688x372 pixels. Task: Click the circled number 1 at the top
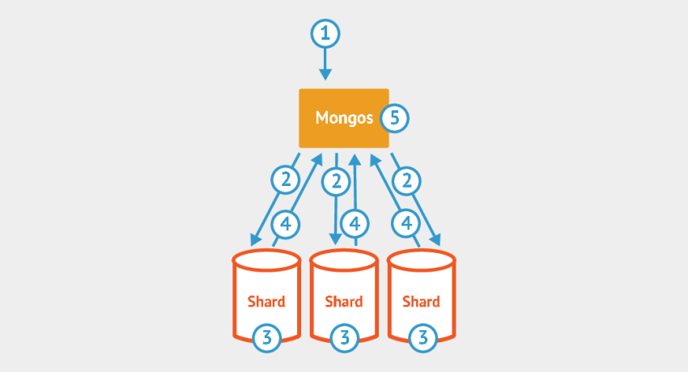coord(325,34)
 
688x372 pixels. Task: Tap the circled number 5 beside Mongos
coord(395,118)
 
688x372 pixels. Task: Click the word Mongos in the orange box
coord(345,118)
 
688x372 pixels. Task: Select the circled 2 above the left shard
coord(284,181)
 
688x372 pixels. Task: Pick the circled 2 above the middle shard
coord(336,181)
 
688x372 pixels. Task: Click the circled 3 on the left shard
coord(266,336)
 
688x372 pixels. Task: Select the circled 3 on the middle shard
coord(344,336)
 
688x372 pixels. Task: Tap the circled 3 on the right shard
coord(421,336)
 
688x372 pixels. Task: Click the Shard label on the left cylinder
coord(266,302)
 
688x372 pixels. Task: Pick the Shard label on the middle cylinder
coord(344,302)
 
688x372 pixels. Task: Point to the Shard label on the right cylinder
coord(421,302)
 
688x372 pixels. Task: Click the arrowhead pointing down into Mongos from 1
coord(325,74)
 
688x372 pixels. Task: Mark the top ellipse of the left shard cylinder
coord(266,261)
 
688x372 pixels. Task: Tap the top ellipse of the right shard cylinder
coord(421,261)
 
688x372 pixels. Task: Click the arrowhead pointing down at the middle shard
coord(336,239)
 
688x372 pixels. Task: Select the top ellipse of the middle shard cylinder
coord(344,261)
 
